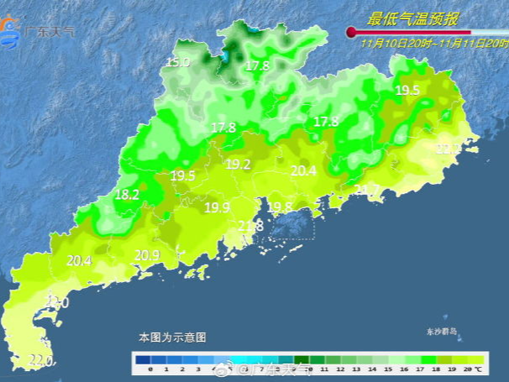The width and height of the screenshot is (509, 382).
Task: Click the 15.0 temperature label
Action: tap(177, 62)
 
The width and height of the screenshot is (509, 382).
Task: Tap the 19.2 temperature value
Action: tap(238, 165)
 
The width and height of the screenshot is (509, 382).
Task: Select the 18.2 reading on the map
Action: tap(127, 194)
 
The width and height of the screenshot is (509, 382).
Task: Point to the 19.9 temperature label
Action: tap(217, 207)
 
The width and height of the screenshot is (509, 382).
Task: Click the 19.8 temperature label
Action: tap(280, 207)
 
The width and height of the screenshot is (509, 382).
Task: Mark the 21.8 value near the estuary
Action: tap(250, 226)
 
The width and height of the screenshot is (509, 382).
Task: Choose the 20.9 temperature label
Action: tap(147, 254)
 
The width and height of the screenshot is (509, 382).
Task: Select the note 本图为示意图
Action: tap(172, 337)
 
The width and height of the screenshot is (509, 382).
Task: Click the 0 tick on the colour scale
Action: tap(150, 369)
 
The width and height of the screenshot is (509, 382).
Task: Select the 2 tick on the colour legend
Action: tap(182, 369)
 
